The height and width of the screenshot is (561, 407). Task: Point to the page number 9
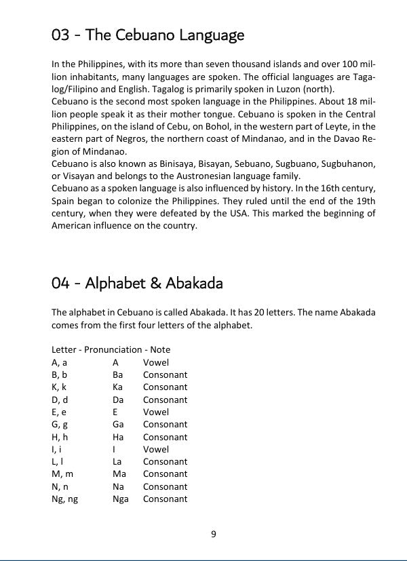214,534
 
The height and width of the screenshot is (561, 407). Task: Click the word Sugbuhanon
349,163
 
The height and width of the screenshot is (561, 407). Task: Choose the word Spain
65,201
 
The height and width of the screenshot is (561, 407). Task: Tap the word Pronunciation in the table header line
114,350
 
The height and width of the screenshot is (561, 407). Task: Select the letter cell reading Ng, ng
64,499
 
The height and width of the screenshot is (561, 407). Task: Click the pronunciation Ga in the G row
118,425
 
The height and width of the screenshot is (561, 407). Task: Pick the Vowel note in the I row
156,449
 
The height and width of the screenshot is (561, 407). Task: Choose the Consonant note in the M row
165,474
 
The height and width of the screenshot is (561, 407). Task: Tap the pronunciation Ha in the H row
118,437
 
